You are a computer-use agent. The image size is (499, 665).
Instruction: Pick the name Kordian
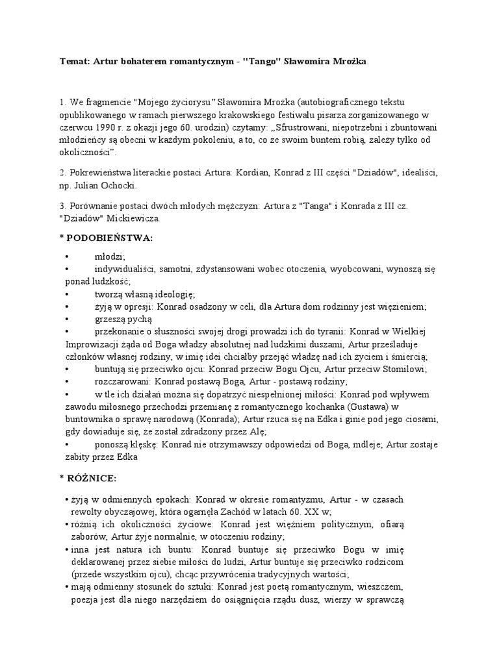[240, 173]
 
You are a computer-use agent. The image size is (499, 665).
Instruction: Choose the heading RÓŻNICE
[92, 479]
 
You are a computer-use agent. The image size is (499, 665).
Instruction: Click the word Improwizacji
[95, 344]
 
